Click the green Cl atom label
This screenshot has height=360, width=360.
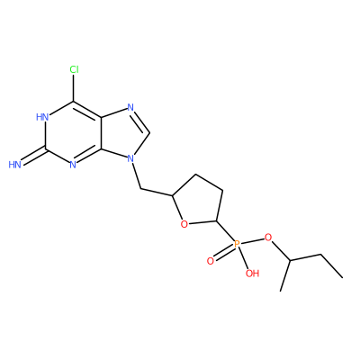(74, 69)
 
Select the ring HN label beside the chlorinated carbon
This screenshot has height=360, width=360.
(42, 117)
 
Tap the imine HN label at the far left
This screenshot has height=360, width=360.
(15, 165)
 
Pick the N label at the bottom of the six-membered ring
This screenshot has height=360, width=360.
(73, 165)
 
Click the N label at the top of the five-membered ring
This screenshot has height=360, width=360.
(130, 107)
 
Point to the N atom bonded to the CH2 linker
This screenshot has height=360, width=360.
(130, 158)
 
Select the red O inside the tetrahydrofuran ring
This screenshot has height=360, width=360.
(184, 224)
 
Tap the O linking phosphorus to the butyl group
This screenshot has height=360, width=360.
(268, 238)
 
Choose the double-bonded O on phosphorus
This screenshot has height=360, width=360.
(211, 261)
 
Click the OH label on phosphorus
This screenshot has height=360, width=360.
(252, 273)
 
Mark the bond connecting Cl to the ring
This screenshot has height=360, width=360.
(74, 87)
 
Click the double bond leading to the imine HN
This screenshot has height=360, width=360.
(33, 156)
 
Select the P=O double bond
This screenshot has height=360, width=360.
(224, 252)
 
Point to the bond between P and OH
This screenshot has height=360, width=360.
(244, 258)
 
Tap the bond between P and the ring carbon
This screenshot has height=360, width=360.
(226, 231)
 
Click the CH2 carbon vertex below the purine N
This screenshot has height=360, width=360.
(141, 189)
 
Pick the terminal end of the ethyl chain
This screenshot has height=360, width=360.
(342, 277)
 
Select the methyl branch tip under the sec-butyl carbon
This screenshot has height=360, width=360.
(281, 291)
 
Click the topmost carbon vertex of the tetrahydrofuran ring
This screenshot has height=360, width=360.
(195, 175)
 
